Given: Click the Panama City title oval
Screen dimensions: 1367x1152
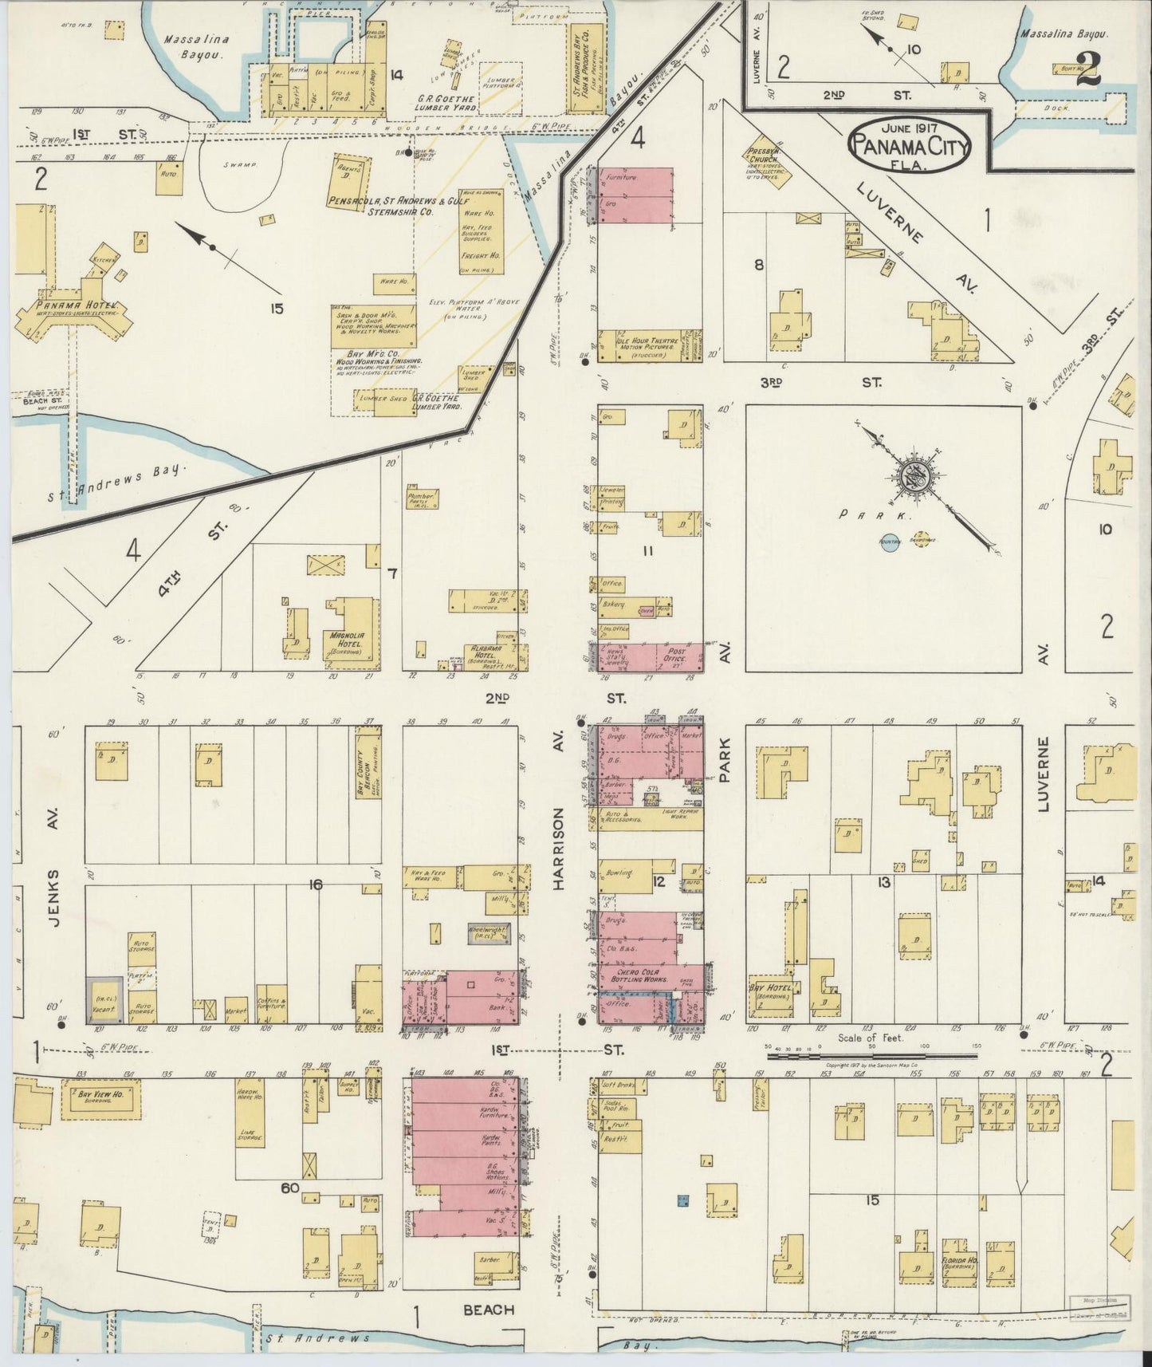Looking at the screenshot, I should click(910, 145).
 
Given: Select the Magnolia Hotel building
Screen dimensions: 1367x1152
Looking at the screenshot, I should click(350, 629).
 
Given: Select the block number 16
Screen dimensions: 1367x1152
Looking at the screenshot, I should click(317, 884).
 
